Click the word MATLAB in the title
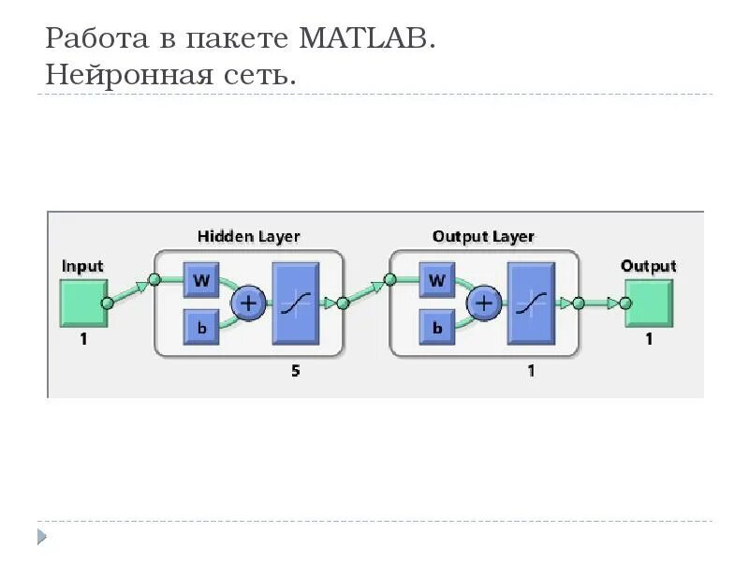[368, 39]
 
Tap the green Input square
[82, 303]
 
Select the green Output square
[648, 303]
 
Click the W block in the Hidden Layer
[201, 279]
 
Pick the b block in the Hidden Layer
[201, 327]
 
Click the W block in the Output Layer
[436, 279]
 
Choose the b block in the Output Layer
[436, 327]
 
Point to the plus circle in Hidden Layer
[249, 303]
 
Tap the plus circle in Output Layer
[484, 303]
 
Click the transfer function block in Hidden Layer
[296, 303]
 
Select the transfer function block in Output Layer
[531, 303]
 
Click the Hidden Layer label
[248, 236]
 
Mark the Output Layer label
[483, 236]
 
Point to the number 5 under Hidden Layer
[295, 371]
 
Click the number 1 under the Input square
[82, 340]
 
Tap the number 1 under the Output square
[648, 340]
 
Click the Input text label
[82, 266]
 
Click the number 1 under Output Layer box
[531, 371]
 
